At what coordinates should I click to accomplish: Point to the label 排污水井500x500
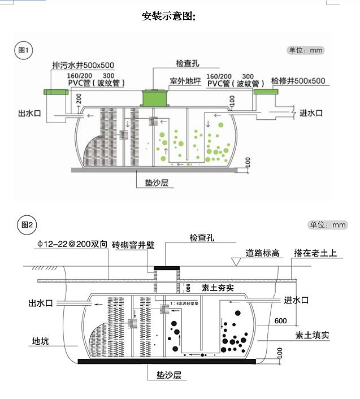83,64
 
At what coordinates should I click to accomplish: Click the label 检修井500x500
298,81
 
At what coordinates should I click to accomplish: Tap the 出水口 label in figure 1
30,114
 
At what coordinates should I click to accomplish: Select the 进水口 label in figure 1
311,113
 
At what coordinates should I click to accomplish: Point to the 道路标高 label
262,253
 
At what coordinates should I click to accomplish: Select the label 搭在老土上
315,253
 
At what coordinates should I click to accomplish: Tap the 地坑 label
40,341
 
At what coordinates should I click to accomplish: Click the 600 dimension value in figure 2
280,320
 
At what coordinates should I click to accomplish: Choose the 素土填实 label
312,335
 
